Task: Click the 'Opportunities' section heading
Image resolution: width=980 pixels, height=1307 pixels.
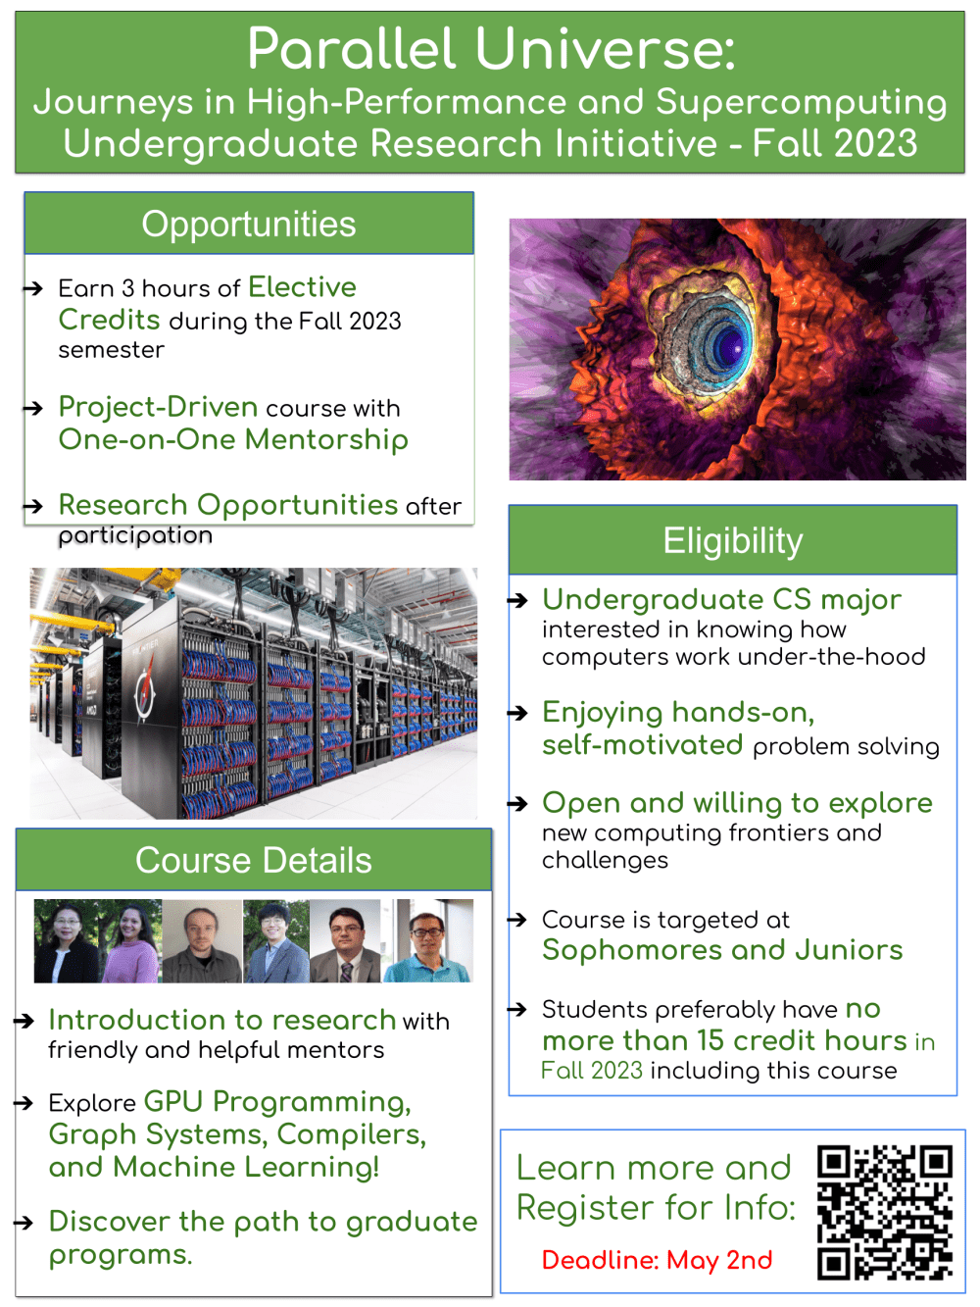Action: (x=249, y=224)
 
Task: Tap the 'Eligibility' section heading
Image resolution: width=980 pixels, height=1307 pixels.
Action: (x=732, y=540)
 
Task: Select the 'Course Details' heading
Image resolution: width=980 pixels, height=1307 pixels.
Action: (x=254, y=860)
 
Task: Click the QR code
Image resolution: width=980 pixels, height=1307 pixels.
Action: (x=884, y=1211)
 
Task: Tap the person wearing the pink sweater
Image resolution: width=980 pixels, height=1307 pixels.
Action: (x=130, y=941)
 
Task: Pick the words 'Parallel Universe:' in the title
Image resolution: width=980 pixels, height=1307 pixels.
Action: (x=492, y=48)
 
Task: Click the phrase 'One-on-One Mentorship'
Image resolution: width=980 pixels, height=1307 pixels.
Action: (x=233, y=440)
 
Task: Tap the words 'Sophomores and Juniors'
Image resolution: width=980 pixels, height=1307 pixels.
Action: (x=722, y=949)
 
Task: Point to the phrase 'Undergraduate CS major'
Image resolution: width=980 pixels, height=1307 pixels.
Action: (x=721, y=599)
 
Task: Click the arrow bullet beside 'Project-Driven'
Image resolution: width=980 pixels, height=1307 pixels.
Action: (x=33, y=408)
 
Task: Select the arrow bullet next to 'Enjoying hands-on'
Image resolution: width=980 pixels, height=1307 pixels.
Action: (x=517, y=712)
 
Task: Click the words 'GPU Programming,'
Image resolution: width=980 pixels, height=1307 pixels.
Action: (x=277, y=1102)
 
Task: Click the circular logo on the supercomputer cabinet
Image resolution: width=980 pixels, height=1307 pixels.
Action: (x=145, y=693)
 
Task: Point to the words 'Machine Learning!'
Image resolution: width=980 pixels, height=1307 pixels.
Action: (x=246, y=1167)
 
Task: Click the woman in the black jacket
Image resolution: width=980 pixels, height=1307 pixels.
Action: (x=66, y=942)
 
